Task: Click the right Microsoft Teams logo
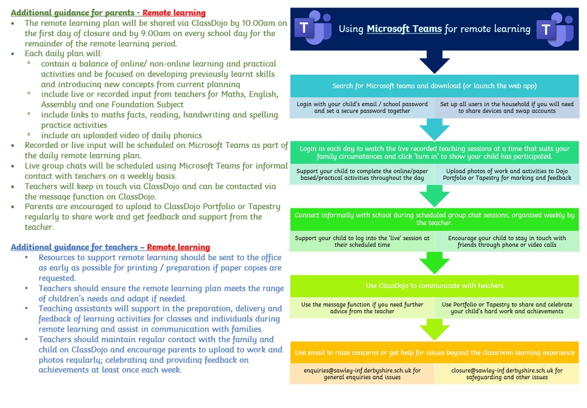pyautogui.click(x=555, y=29)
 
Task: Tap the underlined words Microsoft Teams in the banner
pyautogui.click(x=404, y=29)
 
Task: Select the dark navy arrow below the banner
pyautogui.click(x=434, y=62)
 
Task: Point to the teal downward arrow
pyautogui.click(x=434, y=129)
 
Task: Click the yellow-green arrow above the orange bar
pyautogui.click(x=434, y=330)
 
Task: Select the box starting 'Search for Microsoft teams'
pyautogui.click(x=434, y=86)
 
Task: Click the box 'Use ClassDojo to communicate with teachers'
pyautogui.click(x=434, y=286)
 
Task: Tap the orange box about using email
pyautogui.click(x=434, y=352)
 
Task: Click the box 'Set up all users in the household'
pyautogui.click(x=507, y=107)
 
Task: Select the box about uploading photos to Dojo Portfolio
pyautogui.click(x=507, y=174)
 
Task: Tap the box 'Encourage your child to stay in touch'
pyautogui.click(x=507, y=241)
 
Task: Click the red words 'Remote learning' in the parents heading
pyautogui.click(x=174, y=13)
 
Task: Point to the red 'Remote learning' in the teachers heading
pyautogui.click(x=178, y=248)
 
